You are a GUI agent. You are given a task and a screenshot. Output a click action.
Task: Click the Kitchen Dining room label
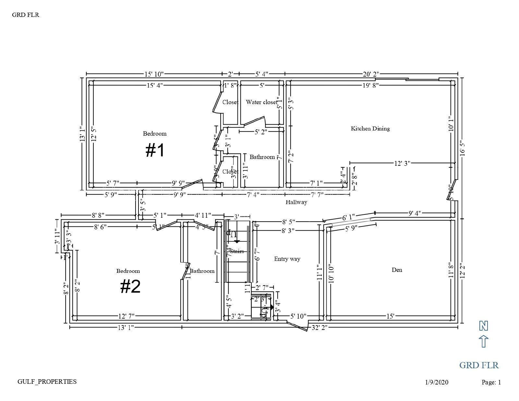[370, 128]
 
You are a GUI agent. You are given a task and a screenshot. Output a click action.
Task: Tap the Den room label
[397, 270]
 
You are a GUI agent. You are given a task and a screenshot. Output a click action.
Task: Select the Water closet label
[261, 102]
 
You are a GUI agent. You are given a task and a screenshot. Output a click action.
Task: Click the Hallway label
[296, 202]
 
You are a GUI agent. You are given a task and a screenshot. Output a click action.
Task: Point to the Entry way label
[287, 259]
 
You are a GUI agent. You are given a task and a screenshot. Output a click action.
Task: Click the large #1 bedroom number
[155, 151]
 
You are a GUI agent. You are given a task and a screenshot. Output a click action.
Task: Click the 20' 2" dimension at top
[371, 74]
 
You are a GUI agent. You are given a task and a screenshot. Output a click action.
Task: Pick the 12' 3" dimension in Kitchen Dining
[402, 163]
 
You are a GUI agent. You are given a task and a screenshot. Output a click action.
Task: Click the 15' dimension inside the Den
[390, 316]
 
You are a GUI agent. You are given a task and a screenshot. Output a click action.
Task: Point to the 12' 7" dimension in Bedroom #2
[127, 316]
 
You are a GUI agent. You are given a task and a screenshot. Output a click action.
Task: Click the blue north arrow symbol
[484, 341]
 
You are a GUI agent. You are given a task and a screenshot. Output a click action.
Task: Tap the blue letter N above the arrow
[484, 326]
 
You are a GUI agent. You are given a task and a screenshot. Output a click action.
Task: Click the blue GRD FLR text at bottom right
[479, 365]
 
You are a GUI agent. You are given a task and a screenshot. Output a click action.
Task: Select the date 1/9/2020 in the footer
[437, 382]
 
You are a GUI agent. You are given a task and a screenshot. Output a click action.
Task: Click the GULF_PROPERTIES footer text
[47, 382]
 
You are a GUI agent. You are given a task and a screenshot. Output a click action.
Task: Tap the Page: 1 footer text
[491, 382]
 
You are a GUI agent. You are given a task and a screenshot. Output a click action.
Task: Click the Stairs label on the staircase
[237, 251]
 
